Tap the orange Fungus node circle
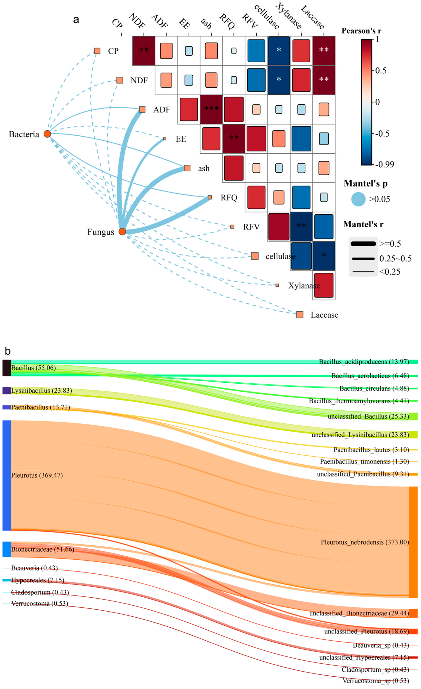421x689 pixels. coord(122,232)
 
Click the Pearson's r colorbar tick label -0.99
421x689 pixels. coord(385,164)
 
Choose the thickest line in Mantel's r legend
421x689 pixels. coord(363,244)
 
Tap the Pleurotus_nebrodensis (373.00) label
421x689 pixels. coord(365,542)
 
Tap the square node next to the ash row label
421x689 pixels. coord(187,168)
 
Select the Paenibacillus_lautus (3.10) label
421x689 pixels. coord(371,450)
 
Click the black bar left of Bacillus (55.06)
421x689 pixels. coord(7,368)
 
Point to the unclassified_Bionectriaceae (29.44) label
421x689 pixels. coord(359,613)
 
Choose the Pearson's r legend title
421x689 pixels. coord(361,31)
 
